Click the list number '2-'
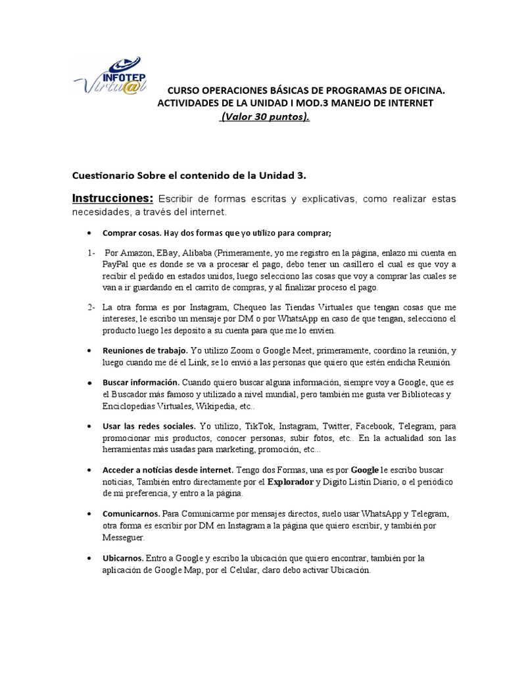point(91,307)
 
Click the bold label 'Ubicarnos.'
point(127,558)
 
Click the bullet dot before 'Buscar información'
point(89,382)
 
